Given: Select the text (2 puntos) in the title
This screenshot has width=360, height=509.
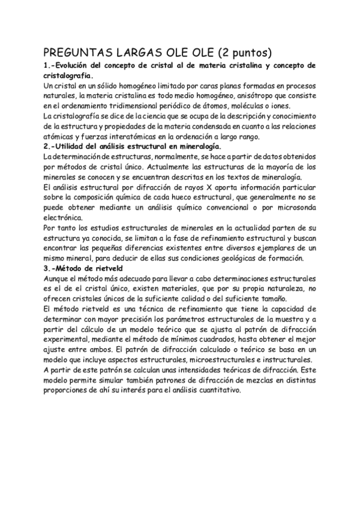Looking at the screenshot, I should point(242,52).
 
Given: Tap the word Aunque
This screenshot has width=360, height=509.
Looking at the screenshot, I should point(58,279).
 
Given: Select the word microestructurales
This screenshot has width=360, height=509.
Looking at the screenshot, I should point(202,361).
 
